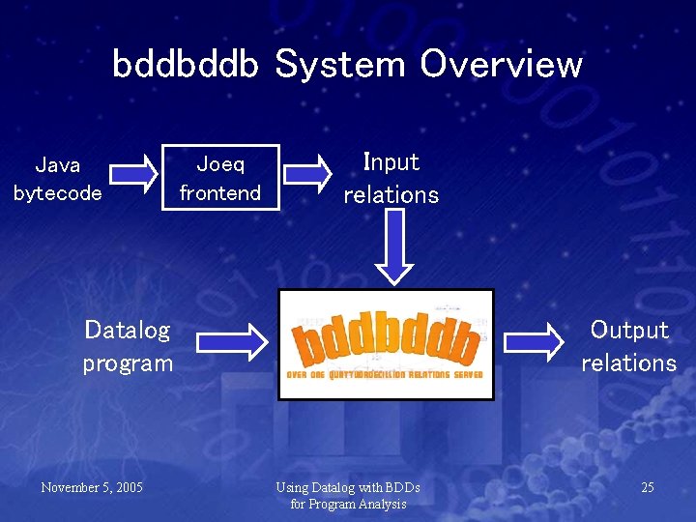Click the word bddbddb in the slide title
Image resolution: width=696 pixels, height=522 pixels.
pyautogui.click(x=186, y=65)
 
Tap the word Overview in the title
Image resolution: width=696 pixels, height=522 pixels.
pyautogui.click(x=501, y=65)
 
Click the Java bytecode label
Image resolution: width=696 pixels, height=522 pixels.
pyautogui.click(x=58, y=179)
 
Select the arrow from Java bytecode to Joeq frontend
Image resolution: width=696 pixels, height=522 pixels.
pyautogui.click(x=133, y=174)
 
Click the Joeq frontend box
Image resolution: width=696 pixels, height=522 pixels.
pyautogui.click(x=220, y=178)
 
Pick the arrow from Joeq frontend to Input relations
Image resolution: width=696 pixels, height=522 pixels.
pyautogui.click(x=308, y=174)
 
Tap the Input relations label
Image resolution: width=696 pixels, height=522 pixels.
pyautogui.click(x=391, y=178)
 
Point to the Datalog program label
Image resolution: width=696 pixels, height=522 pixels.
pyautogui.click(x=128, y=346)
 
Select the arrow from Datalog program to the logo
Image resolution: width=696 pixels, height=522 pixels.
pyautogui.click(x=231, y=341)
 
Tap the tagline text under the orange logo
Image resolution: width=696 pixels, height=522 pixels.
pyautogui.click(x=386, y=375)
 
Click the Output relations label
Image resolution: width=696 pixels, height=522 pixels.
pyautogui.click(x=628, y=346)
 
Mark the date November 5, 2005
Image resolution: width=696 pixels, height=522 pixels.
pyautogui.click(x=92, y=487)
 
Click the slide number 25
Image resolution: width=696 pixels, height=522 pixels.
pyautogui.click(x=647, y=487)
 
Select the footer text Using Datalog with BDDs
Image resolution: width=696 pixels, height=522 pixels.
pyautogui.click(x=348, y=487)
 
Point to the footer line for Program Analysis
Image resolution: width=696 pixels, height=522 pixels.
pyautogui.click(x=348, y=504)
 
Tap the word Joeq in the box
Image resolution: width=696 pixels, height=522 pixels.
pyautogui.click(x=220, y=164)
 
